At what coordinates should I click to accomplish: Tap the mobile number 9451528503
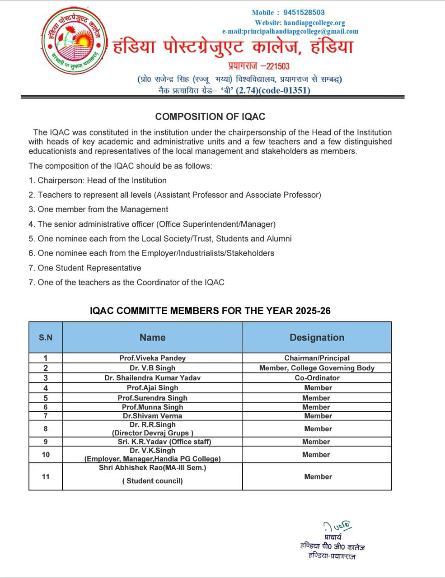click(304, 13)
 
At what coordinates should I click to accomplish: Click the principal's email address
click(290, 32)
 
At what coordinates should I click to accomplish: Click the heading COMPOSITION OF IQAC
click(210, 117)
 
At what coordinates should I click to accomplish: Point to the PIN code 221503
click(278, 66)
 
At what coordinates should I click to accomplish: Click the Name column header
click(152, 337)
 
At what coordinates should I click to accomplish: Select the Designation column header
click(317, 337)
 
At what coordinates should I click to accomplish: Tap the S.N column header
click(46, 337)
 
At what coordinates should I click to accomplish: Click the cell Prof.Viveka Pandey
click(152, 358)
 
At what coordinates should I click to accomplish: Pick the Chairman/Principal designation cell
click(317, 358)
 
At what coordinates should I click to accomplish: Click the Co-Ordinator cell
click(317, 378)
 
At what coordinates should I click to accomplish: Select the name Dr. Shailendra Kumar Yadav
click(152, 378)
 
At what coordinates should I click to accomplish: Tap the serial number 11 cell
click(46, 476)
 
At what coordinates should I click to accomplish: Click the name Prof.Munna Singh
click(152, 407)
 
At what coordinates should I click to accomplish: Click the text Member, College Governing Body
click(317, 368)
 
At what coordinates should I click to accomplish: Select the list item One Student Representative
click(89, 268)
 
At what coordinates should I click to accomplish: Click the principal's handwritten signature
click(337, 526)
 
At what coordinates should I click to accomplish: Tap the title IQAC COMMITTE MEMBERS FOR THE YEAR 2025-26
click(210, 311)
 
